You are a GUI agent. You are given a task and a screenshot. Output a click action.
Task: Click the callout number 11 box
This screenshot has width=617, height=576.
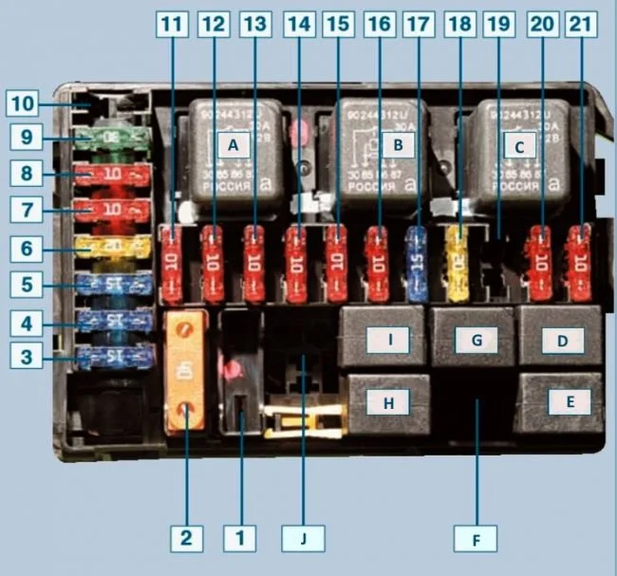tap(172, 26)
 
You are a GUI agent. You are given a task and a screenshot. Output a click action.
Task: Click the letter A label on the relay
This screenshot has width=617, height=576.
tap(234, 145)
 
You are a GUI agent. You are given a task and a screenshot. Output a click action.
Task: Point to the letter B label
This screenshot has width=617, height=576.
tap(398, 145)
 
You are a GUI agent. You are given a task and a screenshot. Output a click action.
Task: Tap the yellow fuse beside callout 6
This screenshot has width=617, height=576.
tap(113, 249)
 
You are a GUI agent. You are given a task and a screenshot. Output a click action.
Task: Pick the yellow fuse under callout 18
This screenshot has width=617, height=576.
tap(458, 263)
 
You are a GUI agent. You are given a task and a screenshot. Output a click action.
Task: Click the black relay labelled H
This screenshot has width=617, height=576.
tap(386, 401)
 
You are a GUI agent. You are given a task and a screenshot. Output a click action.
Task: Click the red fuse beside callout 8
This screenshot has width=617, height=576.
tap(113, 177)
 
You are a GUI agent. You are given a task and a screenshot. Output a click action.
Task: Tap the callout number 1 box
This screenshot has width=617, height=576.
tap(240, 539)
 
